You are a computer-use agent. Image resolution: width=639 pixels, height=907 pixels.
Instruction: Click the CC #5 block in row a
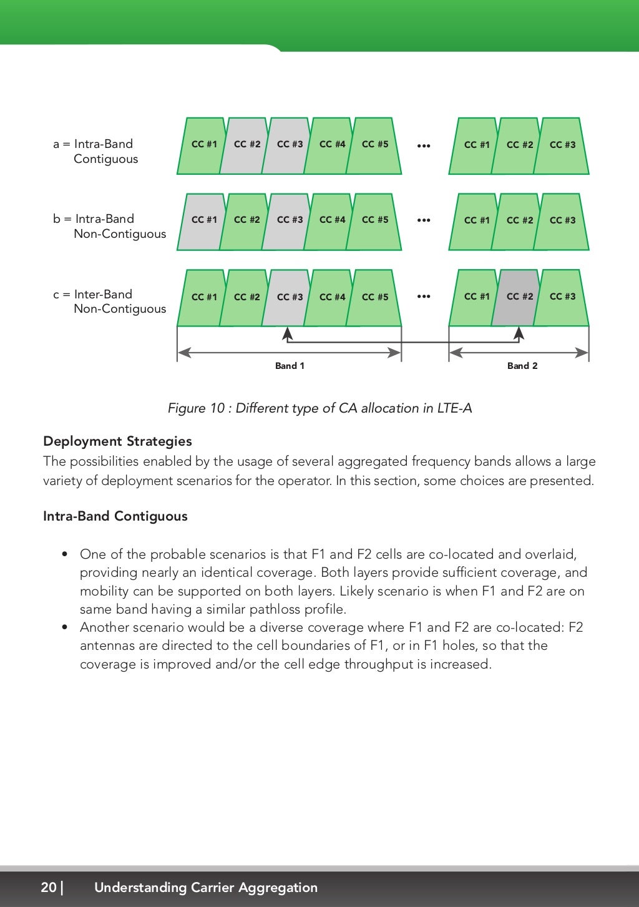pos(374,145)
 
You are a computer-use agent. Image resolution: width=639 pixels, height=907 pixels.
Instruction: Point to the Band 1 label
pos(290,366)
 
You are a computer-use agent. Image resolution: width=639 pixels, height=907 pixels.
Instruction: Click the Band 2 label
pos(522,366)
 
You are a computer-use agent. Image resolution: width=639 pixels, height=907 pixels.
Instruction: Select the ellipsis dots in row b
pos(424,220)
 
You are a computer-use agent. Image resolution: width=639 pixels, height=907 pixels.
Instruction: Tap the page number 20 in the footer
pos(49,887)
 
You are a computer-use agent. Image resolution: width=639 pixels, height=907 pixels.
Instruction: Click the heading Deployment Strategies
pos(117,441)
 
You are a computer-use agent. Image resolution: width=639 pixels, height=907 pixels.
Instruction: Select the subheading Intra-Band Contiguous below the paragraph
pos(115,516)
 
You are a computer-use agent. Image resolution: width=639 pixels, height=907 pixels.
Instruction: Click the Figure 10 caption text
pos(319,408)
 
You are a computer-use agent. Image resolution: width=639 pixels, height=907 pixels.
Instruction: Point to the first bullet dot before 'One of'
pos(65,554)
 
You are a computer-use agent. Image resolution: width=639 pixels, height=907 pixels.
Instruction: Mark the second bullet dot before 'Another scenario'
pos(65,627)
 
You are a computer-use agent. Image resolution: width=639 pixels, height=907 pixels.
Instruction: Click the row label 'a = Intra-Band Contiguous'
pos(96,151)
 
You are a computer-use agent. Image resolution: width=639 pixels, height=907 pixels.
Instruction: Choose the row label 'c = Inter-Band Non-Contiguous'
pos(110,302)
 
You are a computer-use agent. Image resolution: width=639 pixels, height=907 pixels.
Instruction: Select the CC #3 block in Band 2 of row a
pos(563,145)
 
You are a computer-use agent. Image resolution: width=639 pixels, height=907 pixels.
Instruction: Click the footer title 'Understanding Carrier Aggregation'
pos(206,887)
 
